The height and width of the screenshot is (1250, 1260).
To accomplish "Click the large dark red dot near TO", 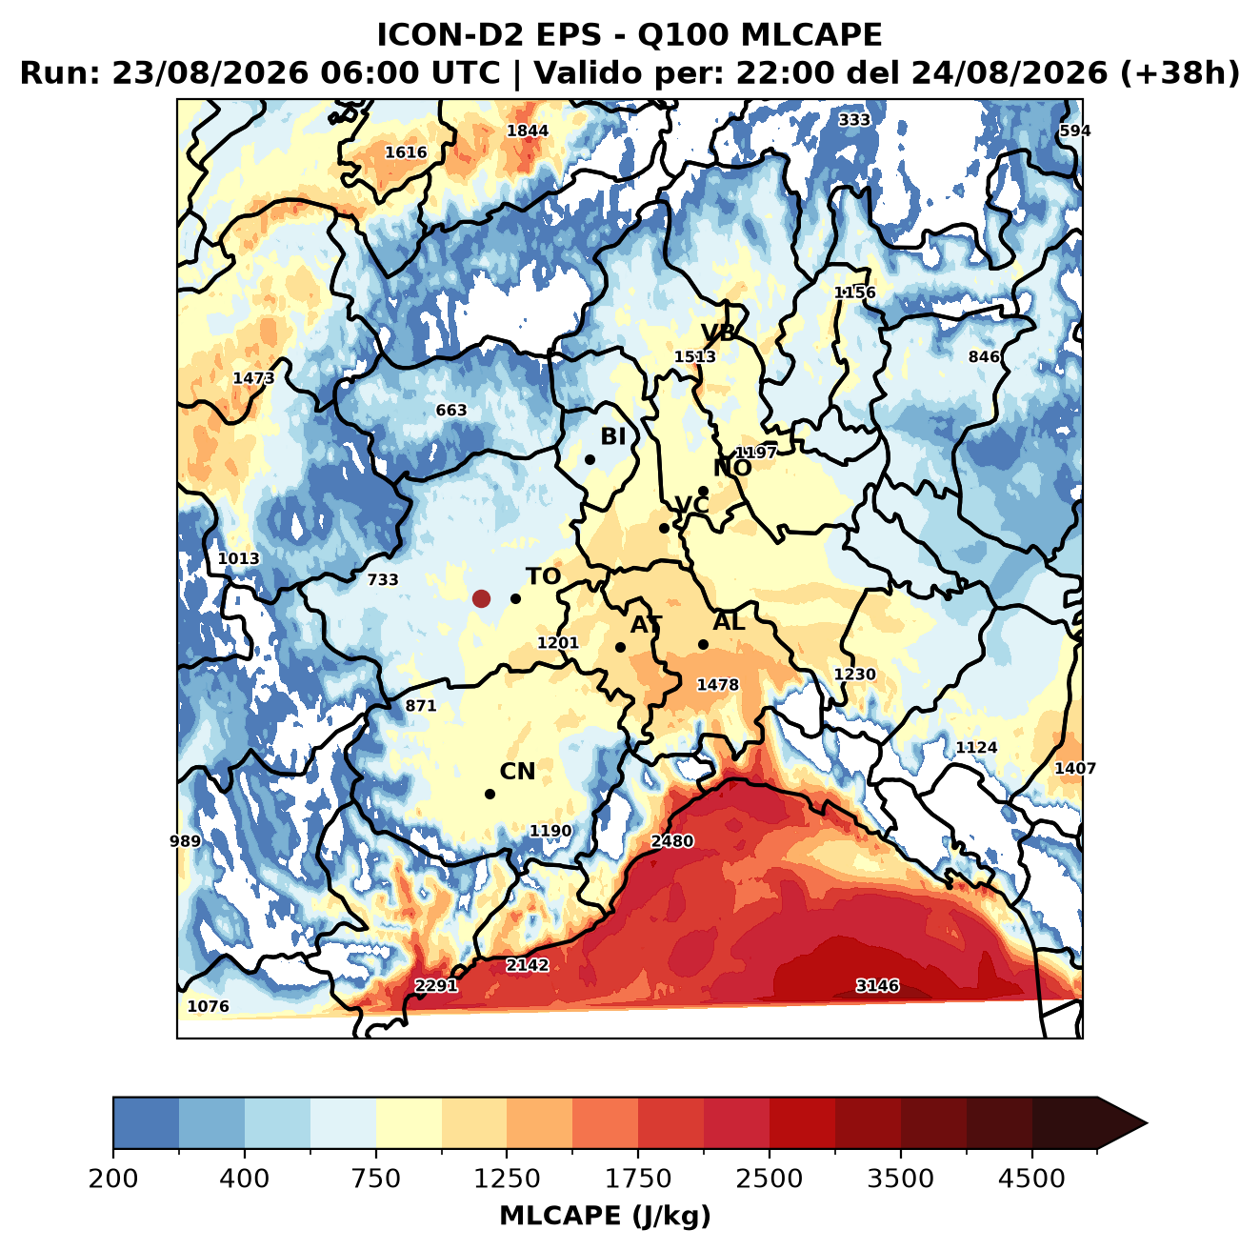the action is pyautogui.click(x=481, y=598).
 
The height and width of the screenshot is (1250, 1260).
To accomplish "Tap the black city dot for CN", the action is pyautogui.click(x=490, y=794).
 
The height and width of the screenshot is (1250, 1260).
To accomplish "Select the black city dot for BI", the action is pyautogui.click(x=590, y=459).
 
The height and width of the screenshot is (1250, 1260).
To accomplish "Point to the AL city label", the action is pyautogui.click(x=729, y=621).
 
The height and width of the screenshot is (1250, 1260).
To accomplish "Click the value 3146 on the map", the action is pyautogui.click(x=877, y=985).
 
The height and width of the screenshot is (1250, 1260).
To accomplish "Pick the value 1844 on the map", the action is pyautogui.click(x=527, y=131).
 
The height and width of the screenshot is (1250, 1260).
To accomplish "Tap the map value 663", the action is pyautogui.click(x=451, y=410).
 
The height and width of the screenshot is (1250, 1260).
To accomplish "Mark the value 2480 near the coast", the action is pyautogui.click(x=671, y=840).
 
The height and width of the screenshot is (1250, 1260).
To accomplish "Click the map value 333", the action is pyautogui.click(x=854, y=120).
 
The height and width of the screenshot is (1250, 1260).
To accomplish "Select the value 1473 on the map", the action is pyautogui.click(x=253, y=378).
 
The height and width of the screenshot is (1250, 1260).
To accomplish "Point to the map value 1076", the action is pyautogui.click(x=208, y=1006).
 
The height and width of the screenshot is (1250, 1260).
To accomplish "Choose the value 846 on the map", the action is pyautogui.click(x=984, y=356).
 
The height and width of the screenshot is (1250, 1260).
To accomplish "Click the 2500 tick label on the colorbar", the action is pyautogui.click(x=769, y=1179).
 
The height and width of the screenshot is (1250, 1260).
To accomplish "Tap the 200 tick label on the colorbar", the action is pyautogui.click(x=113, y=1179).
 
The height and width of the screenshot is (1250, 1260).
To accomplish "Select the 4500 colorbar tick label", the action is pyautogui.click(x=1031, y=1179).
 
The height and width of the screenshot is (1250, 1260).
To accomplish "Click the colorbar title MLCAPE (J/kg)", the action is pyautogui.click(x=605, y=1216).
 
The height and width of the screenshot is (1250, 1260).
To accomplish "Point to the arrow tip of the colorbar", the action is pyautogui.click(x=1147, y=1124).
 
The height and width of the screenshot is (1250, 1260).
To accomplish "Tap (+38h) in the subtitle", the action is pyautogui.click(x=1180, y=73).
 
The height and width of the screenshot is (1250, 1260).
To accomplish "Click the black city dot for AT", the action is pyautogui.click(x=620, y=647).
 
